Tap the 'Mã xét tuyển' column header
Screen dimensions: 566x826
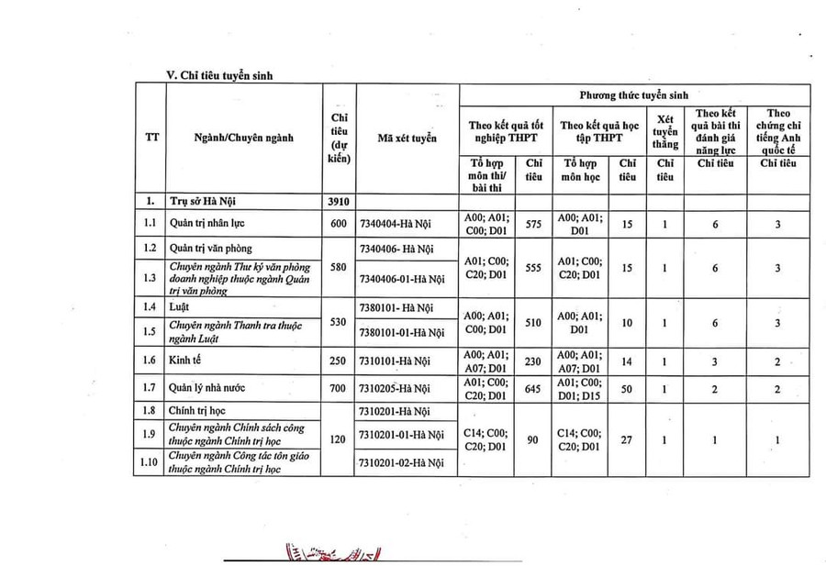tap(407, 138)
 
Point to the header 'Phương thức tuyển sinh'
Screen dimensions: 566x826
tap(633, 94)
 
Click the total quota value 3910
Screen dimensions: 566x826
tap(339, 201)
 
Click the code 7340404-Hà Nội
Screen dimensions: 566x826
tap(396, 223)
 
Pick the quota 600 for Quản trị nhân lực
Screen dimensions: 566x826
tap(339, 223)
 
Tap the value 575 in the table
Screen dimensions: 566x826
tap(533, 223)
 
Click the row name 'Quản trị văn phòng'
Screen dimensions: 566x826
tap(210, 248)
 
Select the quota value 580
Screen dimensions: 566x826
tap(339, 268)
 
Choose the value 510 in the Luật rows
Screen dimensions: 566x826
tap(533, 323)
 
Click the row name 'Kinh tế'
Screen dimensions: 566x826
tap(187, 361)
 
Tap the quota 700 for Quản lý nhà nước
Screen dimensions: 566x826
tap(339, 388)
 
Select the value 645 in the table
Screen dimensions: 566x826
tap(533, 388)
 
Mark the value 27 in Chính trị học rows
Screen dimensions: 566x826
tap(627, 439)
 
